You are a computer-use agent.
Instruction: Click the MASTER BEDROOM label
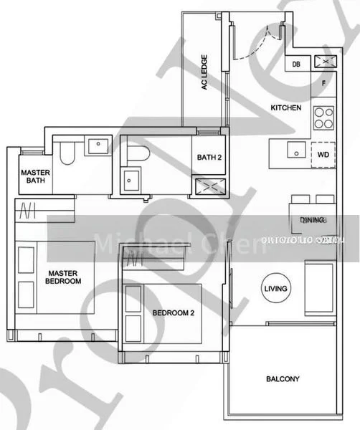(x=64, y=277)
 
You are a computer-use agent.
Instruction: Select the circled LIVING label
(x=276, y=289)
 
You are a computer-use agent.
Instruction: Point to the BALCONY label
(x=283, y=379)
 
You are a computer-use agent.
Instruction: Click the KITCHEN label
(x=285, y=108)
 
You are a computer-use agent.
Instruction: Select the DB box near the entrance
(x=296, y=64)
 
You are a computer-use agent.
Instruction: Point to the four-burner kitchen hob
(x=324, y=117)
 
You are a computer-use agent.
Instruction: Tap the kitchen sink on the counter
(x=294, y=150)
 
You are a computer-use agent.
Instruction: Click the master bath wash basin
(x=96, y=146)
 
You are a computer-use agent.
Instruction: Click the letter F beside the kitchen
(x=323, y=83)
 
